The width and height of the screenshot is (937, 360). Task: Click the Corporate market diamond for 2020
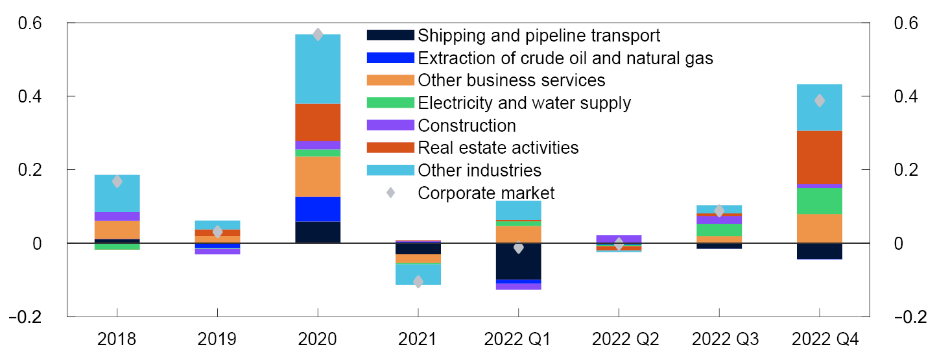tap(318, 34)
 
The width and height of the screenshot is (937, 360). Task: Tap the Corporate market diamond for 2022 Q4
tap(819, 101)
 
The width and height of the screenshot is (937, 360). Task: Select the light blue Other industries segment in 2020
tap(318, 69)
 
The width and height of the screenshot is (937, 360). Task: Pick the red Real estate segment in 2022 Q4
tap(819, 158)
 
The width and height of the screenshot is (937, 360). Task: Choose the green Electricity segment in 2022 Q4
tap(819, 200)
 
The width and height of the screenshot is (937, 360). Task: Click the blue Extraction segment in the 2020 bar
tap(318, 209)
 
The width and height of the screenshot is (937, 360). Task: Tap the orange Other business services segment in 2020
tap(318, 176)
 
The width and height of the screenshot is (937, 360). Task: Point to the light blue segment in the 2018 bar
tap(117, 193)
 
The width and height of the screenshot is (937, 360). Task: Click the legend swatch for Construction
tap(390, 125)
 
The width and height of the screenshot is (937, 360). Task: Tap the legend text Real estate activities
tap(498, 147)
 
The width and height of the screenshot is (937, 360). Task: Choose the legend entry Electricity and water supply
tap(524, 102)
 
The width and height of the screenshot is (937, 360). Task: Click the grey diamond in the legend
tap(390, 193)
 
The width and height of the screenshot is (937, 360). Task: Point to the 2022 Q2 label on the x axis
tap(619, 338)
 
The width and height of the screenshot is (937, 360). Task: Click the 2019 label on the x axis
tap(217, 338)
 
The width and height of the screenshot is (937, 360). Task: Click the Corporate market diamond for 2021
tap(418, 282)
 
